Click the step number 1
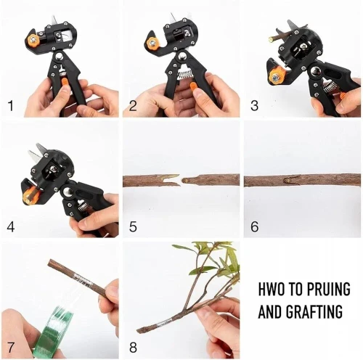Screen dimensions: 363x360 [x=11, y=106]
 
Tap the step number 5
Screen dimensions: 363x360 [x=133, y=226]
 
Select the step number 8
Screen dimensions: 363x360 [x=133, y=348]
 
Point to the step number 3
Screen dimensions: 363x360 [x=254, y=106]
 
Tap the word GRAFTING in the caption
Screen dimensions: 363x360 [x=314, y=311]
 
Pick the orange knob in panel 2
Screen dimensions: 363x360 [x=153, y=44]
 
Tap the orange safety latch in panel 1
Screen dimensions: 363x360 [x=65, y=81]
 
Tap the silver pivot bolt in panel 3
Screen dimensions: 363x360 [x=315, y=71]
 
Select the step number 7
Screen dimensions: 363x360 [x=11, y=348]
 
